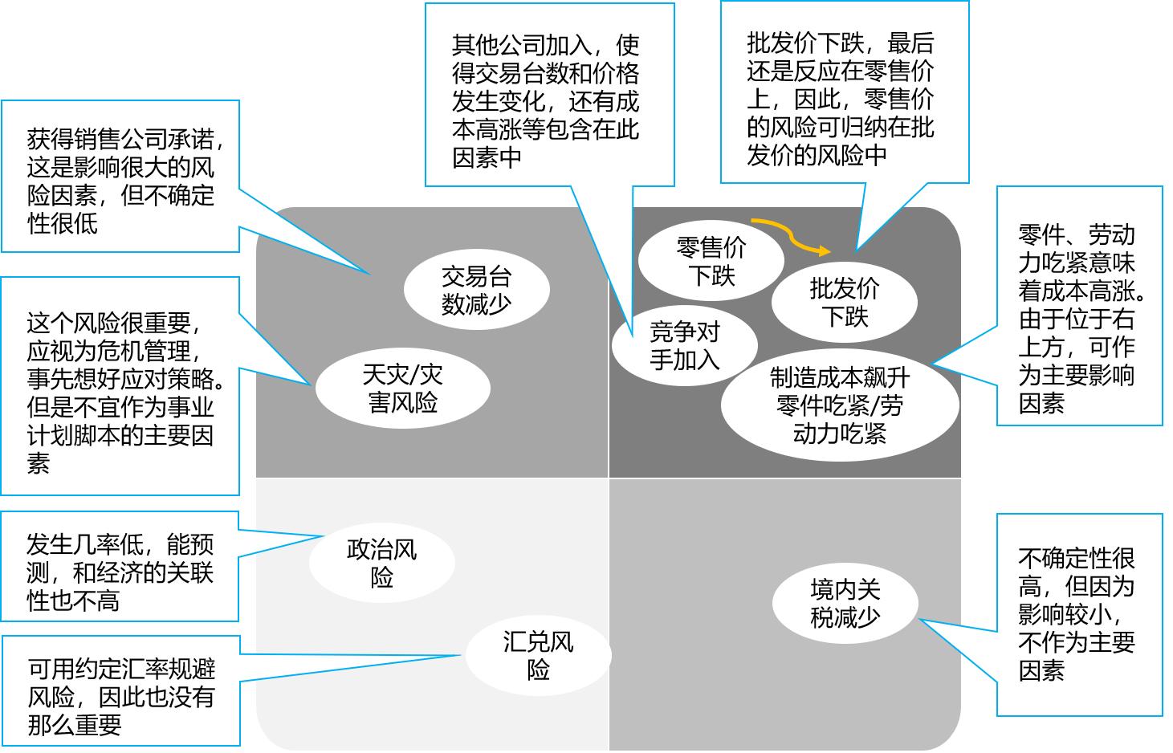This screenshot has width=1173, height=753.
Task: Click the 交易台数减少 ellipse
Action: coord(476,290)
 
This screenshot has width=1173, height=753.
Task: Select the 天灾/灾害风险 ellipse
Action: coord(402,388)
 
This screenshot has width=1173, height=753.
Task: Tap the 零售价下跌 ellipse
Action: coord(711,261)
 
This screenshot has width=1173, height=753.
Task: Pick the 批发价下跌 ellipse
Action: coord(844,301)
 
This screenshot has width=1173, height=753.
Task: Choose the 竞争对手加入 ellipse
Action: coord(684,345)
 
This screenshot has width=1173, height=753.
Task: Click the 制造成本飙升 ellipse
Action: coord(839,405)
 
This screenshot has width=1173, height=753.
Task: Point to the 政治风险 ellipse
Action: coord(381,563)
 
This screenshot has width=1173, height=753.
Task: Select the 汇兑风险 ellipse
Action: coord(538,655)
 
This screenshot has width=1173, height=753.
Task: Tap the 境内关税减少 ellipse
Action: coord(845,603)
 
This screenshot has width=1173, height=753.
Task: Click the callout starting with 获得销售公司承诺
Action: coord(120,177)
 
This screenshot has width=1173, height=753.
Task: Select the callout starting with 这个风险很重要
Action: coord(120,386)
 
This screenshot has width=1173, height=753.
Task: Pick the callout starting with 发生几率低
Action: coord(120,567)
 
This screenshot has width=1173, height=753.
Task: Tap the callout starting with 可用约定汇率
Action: coord(120,691)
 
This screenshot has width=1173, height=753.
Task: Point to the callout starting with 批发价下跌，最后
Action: coord(844,92)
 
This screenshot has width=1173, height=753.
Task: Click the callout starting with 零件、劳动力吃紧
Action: coord(1079,306)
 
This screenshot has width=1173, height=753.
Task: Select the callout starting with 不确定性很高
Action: coord(1079,614)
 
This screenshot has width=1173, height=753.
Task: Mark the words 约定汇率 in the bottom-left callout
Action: coord(110,669)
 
